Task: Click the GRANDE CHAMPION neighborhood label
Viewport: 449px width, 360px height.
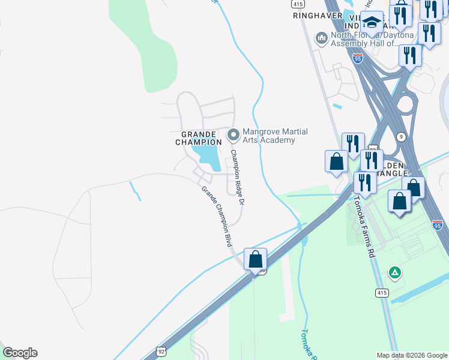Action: [x=198, y=137]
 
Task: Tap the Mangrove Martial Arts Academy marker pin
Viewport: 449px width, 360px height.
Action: [x=233, y=133]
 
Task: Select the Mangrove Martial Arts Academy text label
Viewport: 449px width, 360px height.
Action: [x=268, y=136]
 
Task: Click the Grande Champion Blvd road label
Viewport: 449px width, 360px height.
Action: [x=217, y=216]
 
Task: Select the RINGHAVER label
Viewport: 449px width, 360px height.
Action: [x=313, y=16]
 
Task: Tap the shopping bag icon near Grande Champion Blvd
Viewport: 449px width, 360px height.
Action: [x=256, y=259]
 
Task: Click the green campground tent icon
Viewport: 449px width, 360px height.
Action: [x=395, y=273]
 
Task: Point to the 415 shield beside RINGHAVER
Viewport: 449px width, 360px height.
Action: [x=298, y=4]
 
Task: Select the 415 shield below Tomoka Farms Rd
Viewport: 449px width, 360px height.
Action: [x=382, y=293]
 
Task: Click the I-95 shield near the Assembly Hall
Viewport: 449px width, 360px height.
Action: [x=358, y=58]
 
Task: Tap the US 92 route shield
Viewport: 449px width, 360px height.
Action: [x=161, y=351]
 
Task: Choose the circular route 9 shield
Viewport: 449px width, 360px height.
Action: [x=401, y=137]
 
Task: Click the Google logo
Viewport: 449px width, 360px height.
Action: [x=20, y=353]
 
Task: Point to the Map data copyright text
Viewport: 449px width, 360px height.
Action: [x=411, y=355]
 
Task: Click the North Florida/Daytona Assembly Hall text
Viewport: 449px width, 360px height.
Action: [x=364, y=39]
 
